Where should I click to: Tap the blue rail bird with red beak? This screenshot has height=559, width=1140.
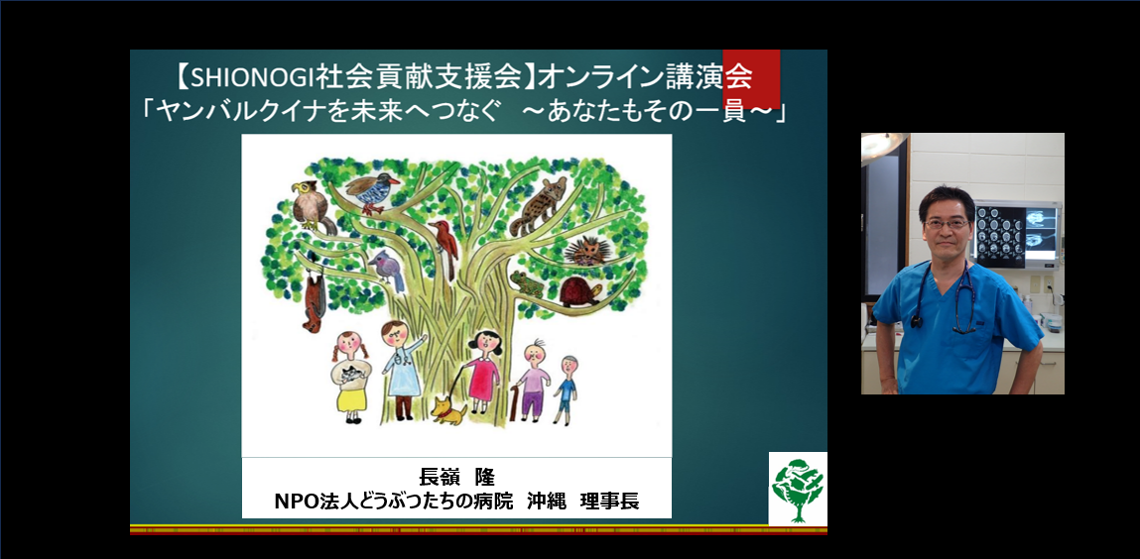coord(372,191)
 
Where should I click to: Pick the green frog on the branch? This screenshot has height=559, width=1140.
coord(528,285)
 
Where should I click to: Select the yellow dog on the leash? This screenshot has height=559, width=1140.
coord(448,410)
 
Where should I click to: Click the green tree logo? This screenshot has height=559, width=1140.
coord(798,488)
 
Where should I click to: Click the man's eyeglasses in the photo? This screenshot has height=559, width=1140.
coord(943,224)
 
